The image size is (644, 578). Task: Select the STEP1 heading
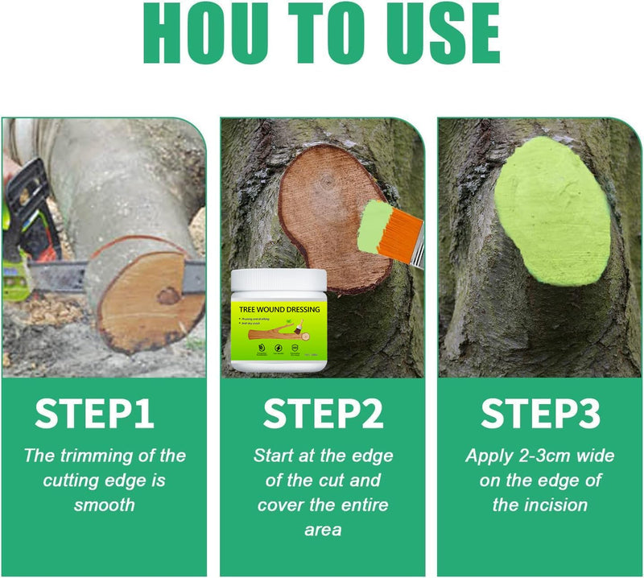(x=94, y=414)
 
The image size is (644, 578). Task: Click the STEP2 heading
(x=323, y=414)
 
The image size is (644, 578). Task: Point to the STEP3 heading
(x=540, y=414)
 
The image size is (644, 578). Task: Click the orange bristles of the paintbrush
(x=396, y=230)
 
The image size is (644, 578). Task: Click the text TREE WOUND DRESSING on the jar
(x=279, y=309)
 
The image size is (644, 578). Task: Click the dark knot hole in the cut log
(x=169, y=295)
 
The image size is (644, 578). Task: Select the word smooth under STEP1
(x=104, y=505)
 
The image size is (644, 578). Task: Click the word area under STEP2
(x=323, y=531)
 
